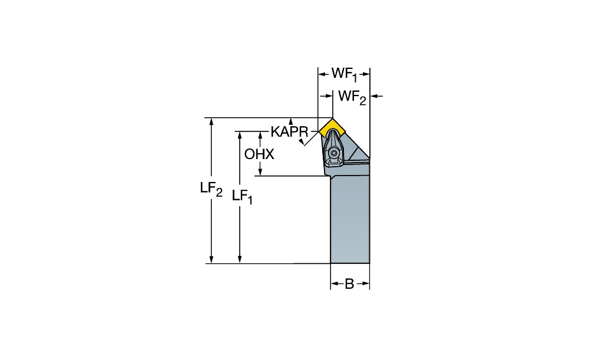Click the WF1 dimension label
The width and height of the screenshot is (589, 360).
[344, 74]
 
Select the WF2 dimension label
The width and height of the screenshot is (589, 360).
[352, 97]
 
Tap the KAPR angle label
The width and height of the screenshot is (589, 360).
[289, 132]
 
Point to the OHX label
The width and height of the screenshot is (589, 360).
[259, 154]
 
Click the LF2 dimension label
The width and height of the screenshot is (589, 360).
[211, 189]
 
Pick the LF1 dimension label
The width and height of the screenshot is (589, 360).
[242, 197]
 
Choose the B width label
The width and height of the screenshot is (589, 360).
[349, 284]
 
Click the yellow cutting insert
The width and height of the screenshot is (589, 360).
[332, 128]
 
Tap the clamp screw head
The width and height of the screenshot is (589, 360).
[333, 153]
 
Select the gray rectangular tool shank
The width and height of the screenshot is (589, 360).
[350, 220]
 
